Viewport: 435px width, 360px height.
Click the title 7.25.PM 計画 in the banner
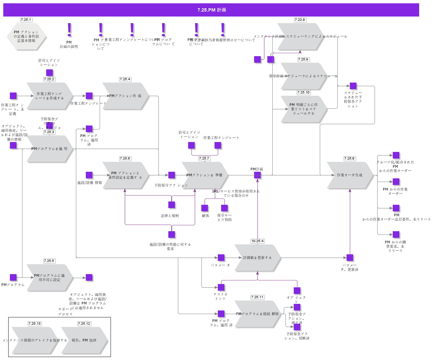point(212,10)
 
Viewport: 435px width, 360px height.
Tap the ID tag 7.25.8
point(349,159)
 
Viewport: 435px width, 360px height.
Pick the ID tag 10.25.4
point(257,241)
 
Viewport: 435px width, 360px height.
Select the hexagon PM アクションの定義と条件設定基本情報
point(26,36)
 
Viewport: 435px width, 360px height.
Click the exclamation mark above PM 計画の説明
point(69,30)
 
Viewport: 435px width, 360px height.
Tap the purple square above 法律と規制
point(172,205)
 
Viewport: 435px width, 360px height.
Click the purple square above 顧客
point(205,208)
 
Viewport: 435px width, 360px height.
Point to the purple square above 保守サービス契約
point(224,208)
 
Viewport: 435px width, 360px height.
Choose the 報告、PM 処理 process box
point(84,340)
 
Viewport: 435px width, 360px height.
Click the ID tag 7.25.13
point(34,324)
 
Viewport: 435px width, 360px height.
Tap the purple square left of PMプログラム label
point(13,277)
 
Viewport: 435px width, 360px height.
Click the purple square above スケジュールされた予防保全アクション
point(353,86)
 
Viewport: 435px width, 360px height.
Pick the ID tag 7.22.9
point(300,20)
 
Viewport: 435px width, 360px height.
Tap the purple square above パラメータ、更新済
point(350,258)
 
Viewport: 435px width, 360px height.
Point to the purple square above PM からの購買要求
point(396,234)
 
